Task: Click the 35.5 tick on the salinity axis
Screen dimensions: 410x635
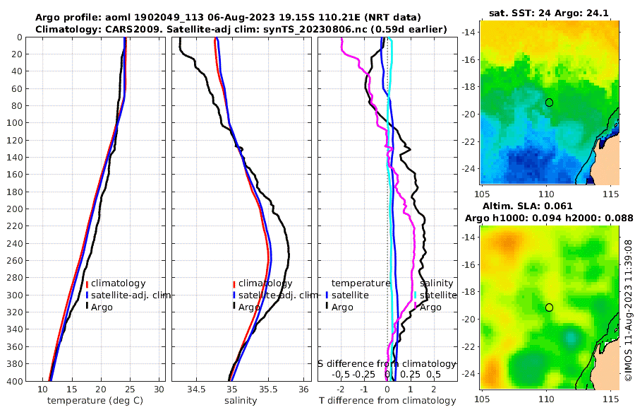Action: click(x=269, y=389)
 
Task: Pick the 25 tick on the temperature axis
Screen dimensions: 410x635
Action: click(x=130, y=389)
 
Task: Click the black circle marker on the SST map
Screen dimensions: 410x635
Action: click(x=549, y=102)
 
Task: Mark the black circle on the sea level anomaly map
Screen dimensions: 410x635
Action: click(x=549, y=307)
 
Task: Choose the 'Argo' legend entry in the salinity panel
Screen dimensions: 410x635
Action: click(x=248, y=307)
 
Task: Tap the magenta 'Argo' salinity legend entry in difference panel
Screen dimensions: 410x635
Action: click(x=430, y=307)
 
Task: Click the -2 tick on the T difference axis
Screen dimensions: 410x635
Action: click(x=341, y=389)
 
